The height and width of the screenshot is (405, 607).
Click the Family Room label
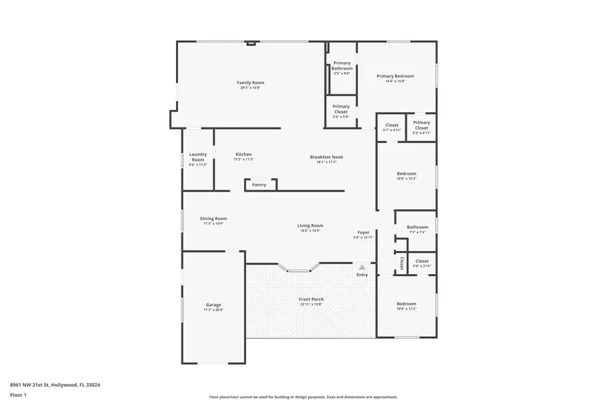[250, 83]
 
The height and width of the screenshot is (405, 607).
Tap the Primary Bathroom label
[342, 65]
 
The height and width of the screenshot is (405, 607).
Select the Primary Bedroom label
[395, 76]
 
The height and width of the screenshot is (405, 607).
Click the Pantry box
[260, 185]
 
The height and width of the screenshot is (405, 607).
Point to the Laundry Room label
[198, 157]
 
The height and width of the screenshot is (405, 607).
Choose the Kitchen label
[243, 155]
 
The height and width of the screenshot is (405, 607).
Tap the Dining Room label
[213, 219]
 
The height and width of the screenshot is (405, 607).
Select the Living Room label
[310, 226]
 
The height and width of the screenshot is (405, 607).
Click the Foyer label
[364, 233]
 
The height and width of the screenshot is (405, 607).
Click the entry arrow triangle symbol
[362, 267]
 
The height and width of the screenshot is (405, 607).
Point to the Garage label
[213, 305]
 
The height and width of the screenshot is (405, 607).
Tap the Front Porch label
[311, 300]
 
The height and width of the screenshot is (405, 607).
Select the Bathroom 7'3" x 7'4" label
[417, 227]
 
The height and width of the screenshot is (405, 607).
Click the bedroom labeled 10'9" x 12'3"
[406, 174]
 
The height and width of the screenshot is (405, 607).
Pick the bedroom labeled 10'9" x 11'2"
[406, 304]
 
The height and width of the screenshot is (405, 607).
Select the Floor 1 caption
[18, 395]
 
